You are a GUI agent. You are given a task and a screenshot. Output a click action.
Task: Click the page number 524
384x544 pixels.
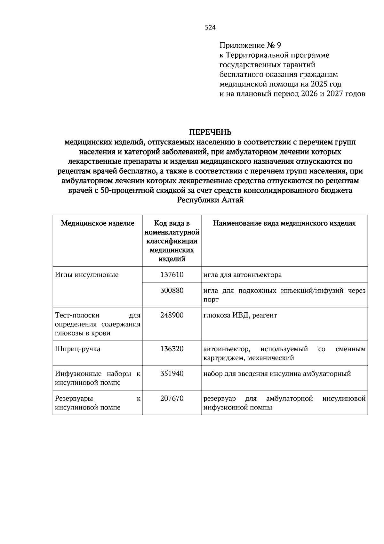tap(210, 28)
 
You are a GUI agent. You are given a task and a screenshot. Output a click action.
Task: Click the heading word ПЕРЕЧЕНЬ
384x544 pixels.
tap(210, 132)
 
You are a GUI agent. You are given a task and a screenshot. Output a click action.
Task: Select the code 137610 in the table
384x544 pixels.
tap(172, 275)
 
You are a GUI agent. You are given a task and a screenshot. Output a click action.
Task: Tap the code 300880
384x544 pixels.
tap(172, 291)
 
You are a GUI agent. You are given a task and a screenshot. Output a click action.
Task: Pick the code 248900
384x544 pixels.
tap(172, 315)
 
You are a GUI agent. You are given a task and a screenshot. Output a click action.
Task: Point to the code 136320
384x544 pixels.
tap(172, 349)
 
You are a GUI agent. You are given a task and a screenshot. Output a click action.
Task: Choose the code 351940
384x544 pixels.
tap(172, 374)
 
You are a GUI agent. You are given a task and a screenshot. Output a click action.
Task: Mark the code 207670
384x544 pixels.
tap(172, 399)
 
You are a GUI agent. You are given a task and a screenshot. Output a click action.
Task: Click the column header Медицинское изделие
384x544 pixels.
tap(98, 223)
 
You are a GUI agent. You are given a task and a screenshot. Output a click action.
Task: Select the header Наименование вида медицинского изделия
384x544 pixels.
tap(284, 223)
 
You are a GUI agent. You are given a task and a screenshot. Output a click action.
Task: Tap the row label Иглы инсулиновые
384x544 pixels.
tap(87, 275)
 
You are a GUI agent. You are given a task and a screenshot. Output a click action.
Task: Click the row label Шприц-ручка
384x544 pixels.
tap(78, 349)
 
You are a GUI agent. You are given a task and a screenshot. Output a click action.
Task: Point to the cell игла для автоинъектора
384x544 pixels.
tap(243, 275)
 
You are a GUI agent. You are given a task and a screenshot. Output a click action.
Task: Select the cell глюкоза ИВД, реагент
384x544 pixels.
tap(240, 315)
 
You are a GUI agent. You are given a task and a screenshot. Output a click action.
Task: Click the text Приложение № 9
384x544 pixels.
tap(250, 45)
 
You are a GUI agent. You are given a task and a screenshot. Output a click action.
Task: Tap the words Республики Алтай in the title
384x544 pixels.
tap(210, 200)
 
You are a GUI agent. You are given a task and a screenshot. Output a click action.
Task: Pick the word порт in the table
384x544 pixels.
tap(211, 300)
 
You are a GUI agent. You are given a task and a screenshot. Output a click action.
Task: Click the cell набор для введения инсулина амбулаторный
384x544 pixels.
tap(277, 374)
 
